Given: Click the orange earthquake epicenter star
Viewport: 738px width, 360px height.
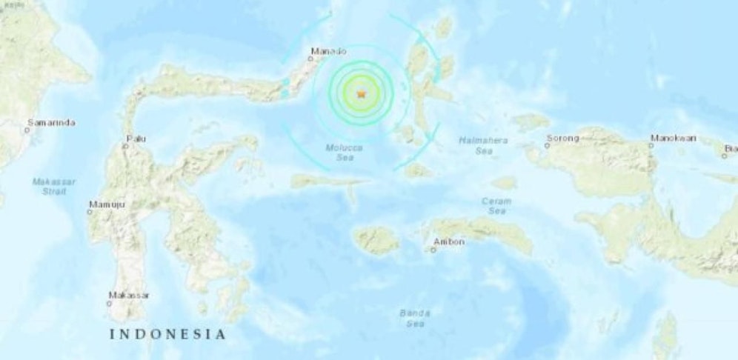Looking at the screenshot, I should [x=361, y=94].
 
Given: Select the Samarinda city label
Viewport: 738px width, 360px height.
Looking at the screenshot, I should [x=51, y=122].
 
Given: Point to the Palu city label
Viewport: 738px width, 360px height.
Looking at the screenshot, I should [x=136, y=138].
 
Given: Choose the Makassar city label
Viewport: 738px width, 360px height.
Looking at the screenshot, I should [x=129, y=296].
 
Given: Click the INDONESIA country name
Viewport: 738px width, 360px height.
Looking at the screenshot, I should [x=167, y=334].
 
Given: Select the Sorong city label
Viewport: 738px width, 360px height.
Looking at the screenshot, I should [x=562, y=138].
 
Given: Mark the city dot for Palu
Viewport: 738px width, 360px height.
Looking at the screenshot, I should [x=126, y=145].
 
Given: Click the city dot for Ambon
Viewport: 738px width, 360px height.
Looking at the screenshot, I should [x=433, y=250].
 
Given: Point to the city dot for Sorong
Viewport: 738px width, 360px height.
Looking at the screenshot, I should [x=548, y=145].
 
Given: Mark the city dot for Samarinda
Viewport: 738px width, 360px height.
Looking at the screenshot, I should [x=27, y=130].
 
